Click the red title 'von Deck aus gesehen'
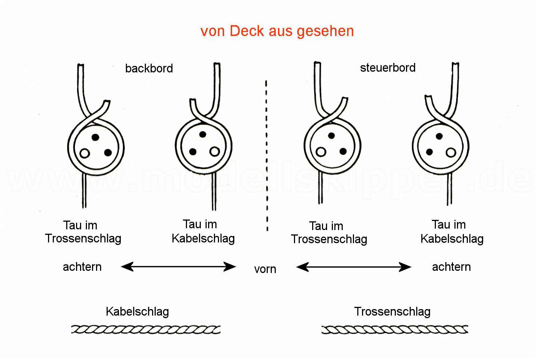point(277,31)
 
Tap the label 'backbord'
point(149,68)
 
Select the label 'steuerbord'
point(387,68)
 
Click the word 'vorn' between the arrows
point(265,269)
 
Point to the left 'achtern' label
point(82,267)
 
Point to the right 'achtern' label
point(451,267)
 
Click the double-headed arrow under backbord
point(178,267)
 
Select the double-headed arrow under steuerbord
point(354,267)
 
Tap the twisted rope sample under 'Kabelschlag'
point(146,329)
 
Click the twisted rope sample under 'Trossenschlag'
point(395,330)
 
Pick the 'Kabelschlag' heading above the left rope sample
point(137,312)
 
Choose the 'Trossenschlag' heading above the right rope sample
point(392,312)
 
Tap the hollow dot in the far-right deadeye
point(451,152)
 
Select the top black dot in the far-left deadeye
point(95,137)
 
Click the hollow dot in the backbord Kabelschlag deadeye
point(215,151)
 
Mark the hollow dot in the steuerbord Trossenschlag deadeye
point(321,151)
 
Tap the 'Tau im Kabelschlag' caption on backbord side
point(203,232)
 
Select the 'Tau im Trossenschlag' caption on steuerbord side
point(329,233)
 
